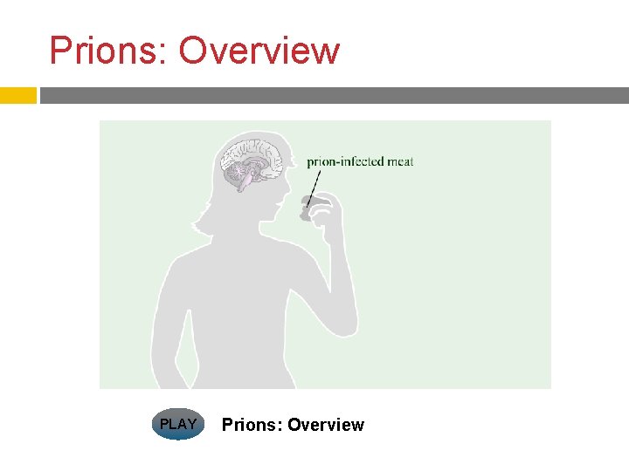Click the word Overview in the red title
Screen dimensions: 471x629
click(x=259, y=51)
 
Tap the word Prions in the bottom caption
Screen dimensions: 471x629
click(x=251, y=425)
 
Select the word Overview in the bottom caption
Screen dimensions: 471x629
click(x=325, y=425)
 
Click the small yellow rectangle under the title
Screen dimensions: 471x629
click(x=17, y=95)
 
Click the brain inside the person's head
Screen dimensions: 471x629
click(x=249, y=161)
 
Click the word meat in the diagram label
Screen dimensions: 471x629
click(x=399, y=161)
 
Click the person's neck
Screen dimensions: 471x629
click(x=249, y=231)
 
